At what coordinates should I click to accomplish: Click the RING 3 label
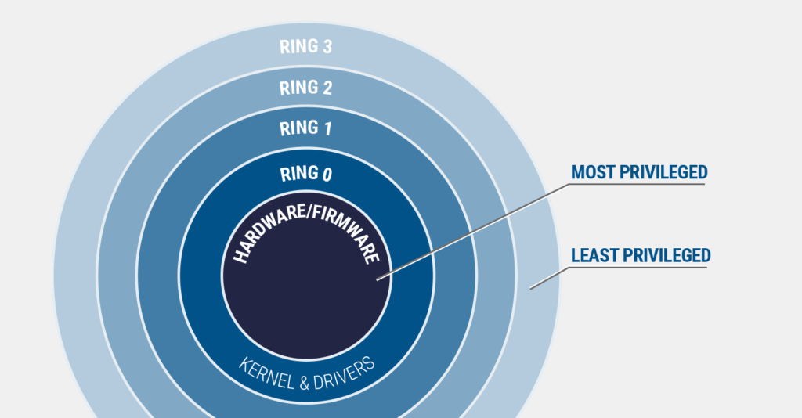click(x=306, y=46)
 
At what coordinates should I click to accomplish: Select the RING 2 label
click(x=306, y=88)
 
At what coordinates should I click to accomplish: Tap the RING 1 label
click(x=306, y=128)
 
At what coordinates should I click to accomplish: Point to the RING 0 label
click(x=306, y=174)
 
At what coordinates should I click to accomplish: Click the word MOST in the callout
click(x=593, y=172)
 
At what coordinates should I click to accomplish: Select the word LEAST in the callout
click(x=594, y=255)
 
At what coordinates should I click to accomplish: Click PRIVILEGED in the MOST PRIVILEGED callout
click(x=663, y=172)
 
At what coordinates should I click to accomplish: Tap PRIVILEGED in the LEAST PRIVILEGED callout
click(x=666, y=255)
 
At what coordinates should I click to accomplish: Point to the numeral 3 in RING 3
click(x=327, y=47)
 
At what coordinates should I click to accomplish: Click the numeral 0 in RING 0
click(x=327, y=175)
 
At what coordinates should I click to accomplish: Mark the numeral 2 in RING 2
click(x=327, y=88)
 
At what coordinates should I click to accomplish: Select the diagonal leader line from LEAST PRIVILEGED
click(x=550, y=277)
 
